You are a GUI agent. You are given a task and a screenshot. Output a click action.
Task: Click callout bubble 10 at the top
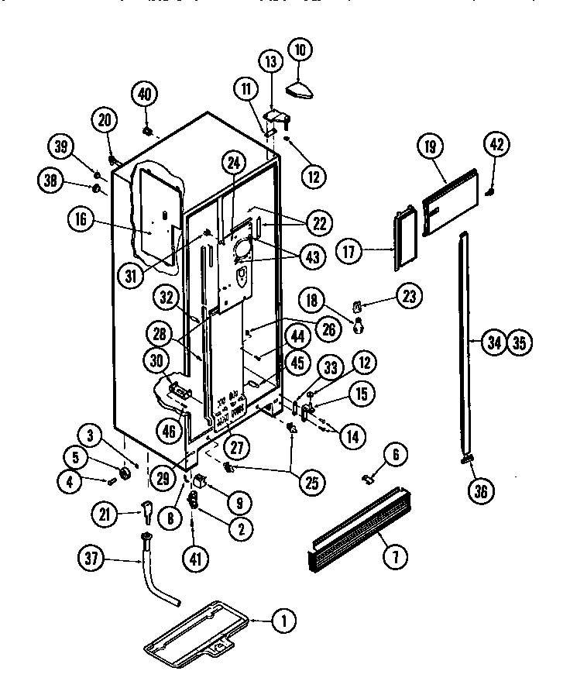pos(300,50)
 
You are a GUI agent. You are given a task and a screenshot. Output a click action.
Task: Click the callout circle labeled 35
pos(519,341)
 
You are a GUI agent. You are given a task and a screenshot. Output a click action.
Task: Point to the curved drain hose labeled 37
pos(159,582)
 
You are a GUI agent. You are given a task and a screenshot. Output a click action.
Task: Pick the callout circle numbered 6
pos(394,457)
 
